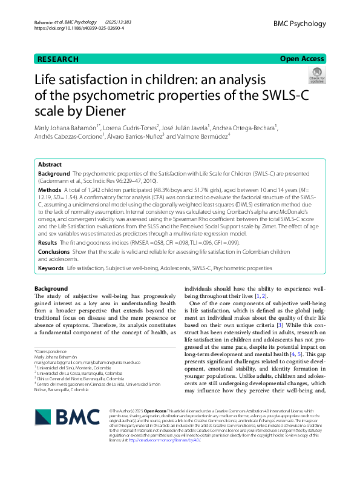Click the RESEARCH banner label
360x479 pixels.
[58, 59]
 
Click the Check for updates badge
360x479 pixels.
[316, 76]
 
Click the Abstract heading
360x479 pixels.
[50, 165]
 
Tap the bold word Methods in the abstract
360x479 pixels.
[51, 189]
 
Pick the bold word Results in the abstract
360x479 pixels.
[49, 242]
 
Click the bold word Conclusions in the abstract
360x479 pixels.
[54, 251]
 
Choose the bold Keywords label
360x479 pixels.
[51, 268]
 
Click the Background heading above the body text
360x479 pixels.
[51, 288]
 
